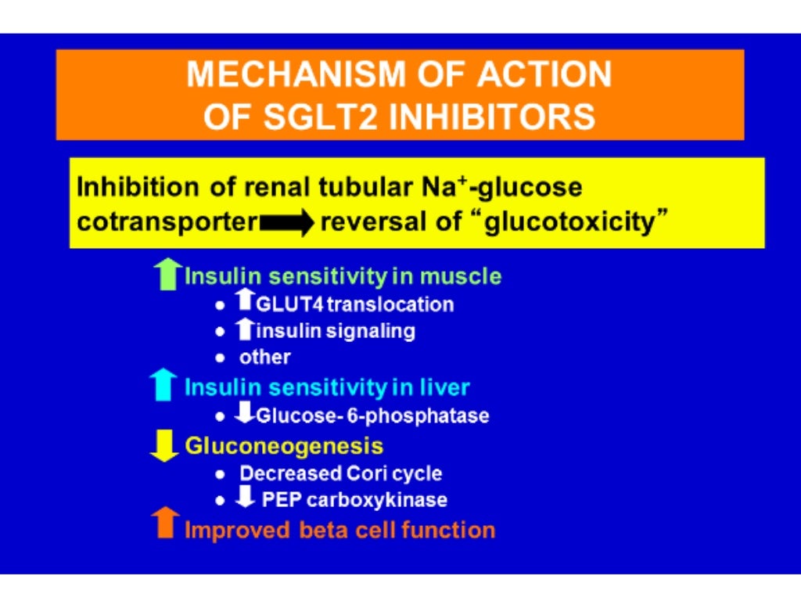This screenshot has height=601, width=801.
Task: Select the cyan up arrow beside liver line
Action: pyautogui.click(x=164, y=386)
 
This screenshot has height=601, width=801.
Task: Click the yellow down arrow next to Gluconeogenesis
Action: pyautogui.click(x=164, y=446)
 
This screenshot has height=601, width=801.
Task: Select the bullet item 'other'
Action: pyautogui.click(x=264, y=358)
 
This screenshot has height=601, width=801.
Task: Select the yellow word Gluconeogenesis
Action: pyautogui.click(x=284, y=446)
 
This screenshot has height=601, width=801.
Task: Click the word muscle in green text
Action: pyautogui.click(x=462, y=276)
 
